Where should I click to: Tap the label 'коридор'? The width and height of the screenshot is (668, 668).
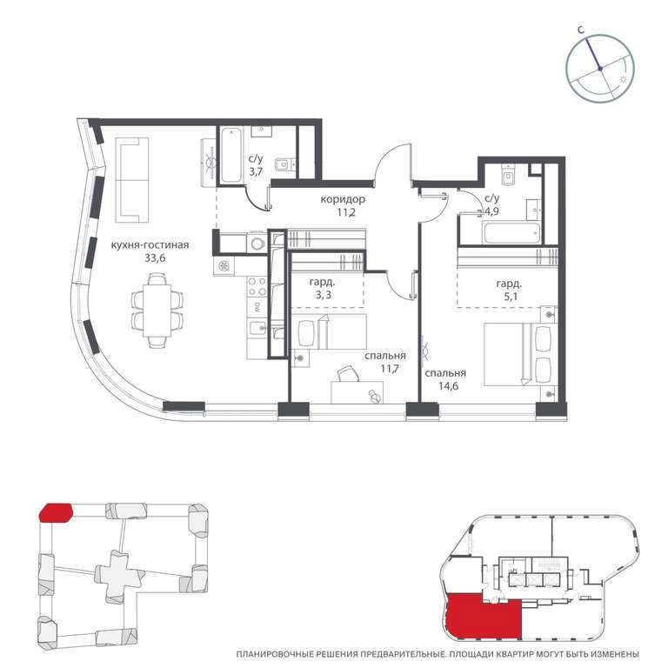point(343,199)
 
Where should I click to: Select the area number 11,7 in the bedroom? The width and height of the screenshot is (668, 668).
point(390,369)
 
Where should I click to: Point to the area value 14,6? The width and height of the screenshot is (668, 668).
point(449,386)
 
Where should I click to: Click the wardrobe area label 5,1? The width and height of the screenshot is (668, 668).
point(511,297)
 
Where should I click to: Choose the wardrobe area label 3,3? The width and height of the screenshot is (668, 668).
point(324,295)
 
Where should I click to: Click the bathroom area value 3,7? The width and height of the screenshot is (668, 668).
point(256,172)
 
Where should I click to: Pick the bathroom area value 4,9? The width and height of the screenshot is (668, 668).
point(491,211)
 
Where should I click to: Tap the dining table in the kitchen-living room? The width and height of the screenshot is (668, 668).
point(157,311)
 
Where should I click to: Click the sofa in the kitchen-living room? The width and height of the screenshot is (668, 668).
point(132,180)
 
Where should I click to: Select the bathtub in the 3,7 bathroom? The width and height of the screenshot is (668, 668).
point(231,155)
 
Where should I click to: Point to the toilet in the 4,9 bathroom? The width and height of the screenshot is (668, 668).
point(509,176)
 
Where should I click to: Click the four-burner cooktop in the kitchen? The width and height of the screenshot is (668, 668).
point(257,286)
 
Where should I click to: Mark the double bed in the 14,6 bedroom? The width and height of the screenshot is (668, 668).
point(520,355)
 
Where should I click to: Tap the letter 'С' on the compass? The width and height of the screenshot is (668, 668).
point(580,30)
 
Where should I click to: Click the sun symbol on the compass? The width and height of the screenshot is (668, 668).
point(623,79)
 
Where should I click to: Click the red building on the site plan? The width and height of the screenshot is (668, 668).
point(56,512)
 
